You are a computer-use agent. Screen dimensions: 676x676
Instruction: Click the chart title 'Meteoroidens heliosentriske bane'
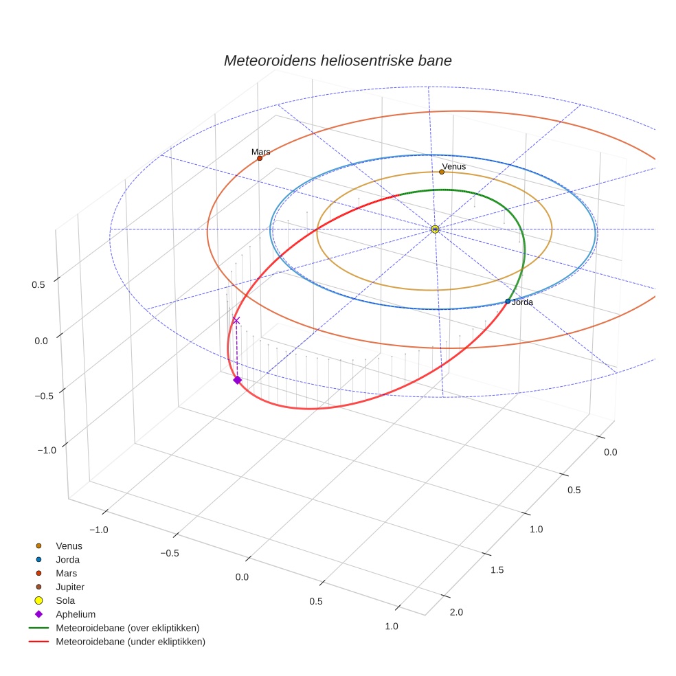pos(337,60)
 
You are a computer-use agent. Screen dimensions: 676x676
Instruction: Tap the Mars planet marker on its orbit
pos(260,158)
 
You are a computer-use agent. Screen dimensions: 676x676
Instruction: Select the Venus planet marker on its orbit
pos(442,172)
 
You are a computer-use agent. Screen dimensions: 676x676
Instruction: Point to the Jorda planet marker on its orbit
pos(508,302)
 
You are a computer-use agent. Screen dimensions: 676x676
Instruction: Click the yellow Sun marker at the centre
pos(435,229)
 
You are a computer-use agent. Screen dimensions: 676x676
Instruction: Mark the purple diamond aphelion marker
pos(238,380)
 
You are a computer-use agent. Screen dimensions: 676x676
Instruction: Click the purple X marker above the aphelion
pos(236,320)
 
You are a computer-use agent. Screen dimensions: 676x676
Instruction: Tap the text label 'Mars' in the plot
pos(260,151)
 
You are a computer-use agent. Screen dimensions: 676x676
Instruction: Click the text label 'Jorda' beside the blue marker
pos(522,302)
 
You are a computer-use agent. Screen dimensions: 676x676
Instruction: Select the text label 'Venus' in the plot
pos(454,166)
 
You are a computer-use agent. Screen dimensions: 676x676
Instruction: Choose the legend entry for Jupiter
pos(69,587)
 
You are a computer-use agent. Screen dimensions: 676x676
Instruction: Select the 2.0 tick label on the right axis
pos(455,612)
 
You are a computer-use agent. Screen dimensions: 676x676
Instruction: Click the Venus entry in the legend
pos(69,545)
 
